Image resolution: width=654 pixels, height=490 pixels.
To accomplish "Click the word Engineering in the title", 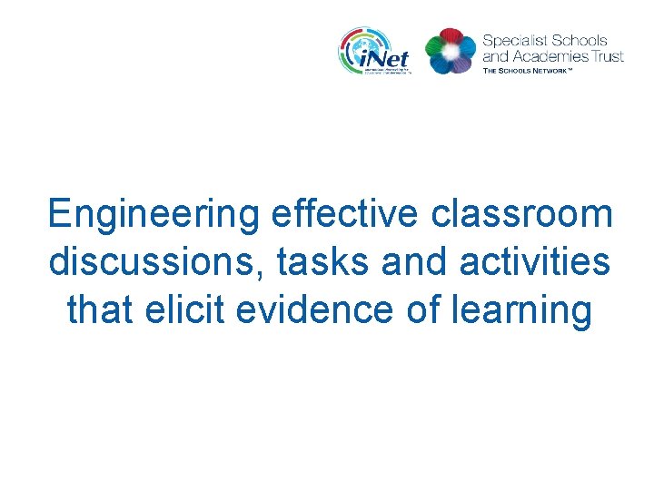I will point(154,216).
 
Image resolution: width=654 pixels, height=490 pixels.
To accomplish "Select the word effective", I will point(344,215).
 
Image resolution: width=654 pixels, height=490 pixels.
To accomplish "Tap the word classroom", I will point(521,215).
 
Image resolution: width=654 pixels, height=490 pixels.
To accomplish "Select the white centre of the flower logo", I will point(451,52).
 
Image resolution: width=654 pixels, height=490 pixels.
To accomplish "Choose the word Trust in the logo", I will point(607,55).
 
